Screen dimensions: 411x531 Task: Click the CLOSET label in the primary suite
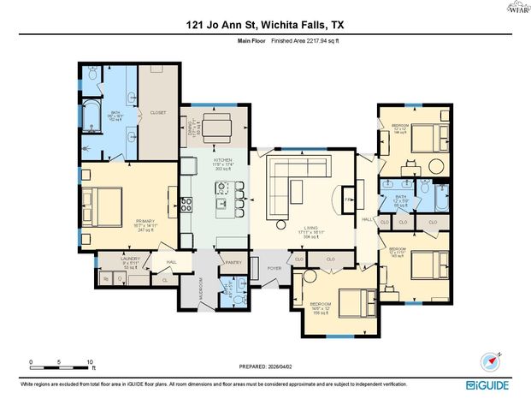(x=158, y=112)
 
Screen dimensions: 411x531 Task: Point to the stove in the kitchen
(x=185, y=204)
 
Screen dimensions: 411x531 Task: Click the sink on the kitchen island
(x=220, y=204)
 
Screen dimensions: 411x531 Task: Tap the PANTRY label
(x=233, y=263)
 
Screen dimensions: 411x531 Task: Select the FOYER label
(x=274, y=268)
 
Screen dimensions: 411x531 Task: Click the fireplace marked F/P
(x=347, y=199)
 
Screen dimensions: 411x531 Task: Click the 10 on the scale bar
(x=89, y=361)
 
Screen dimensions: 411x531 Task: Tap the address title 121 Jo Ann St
(x=265, y=26)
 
